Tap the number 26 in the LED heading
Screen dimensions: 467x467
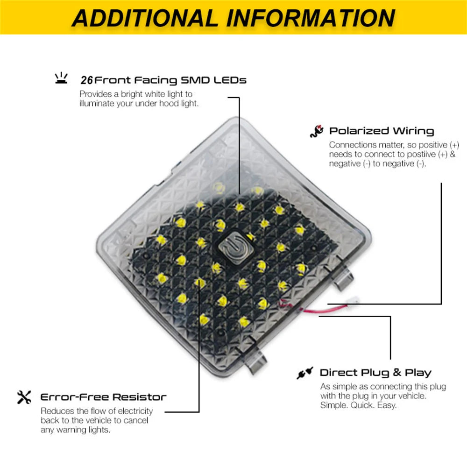pyautogui.click(x=87, y=80)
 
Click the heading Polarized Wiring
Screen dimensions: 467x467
pyautogui.click(x=382, y=131)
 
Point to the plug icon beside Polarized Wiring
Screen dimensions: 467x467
pyautogui.click(x=317, y=131)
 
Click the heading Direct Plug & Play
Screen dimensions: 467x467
pyautogui.click(x=375, y=372)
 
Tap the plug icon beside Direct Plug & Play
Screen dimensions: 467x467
pyautogui.click(x=304, y=373)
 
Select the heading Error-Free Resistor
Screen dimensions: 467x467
pyautogui.click(x=103, y=397)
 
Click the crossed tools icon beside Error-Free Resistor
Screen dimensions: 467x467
pyautogui.click(x=24, y=397)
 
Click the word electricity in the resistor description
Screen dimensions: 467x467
pyautogui.click(x=135, y=411)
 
